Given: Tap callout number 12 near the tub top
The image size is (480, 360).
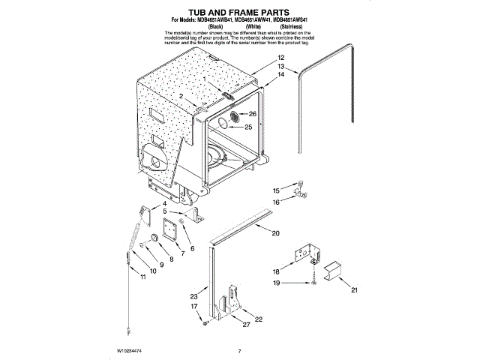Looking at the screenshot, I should [x=280, y=58].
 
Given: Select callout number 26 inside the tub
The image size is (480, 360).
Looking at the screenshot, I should [x=252, y=114].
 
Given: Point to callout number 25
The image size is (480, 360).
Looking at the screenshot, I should [x=248, y=126].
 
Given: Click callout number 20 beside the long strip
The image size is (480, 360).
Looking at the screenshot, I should [x=275, y=234].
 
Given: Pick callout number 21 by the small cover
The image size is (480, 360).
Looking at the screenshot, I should [x=355, y=289].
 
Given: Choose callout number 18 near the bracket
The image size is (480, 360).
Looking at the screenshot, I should [x=276, y=271].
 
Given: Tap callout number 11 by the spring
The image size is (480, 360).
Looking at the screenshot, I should [x=143, y=277].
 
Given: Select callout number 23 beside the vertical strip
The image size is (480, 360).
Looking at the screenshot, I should [x=193, y=297].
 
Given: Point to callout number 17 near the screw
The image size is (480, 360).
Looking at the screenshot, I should [x=193, y=307].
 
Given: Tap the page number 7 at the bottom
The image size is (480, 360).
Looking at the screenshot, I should [x=238, y=351].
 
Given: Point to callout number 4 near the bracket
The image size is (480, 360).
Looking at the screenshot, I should [x=164, y=204].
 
